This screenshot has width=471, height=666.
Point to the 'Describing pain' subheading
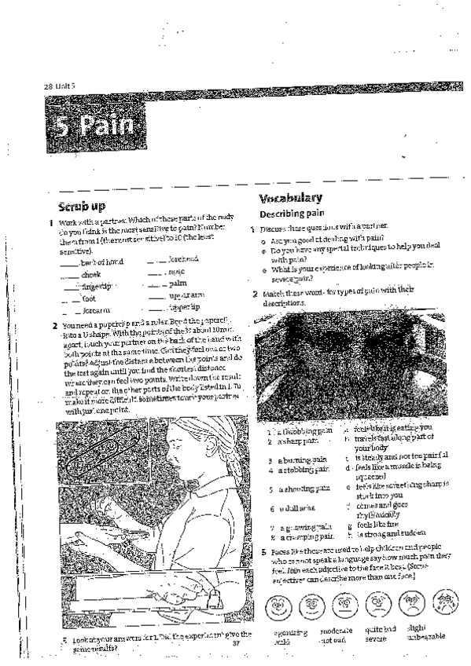click(x=294, y=214)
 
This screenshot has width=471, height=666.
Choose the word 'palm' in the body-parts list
click(x=178, y=282)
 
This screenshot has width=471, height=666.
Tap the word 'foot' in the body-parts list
click(x=88, y=298)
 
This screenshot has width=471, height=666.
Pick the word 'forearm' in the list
click(x=96, y=311)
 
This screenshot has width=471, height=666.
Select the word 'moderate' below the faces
click(x=337, y=631)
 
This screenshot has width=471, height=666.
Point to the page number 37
click(x=235, y=643)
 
